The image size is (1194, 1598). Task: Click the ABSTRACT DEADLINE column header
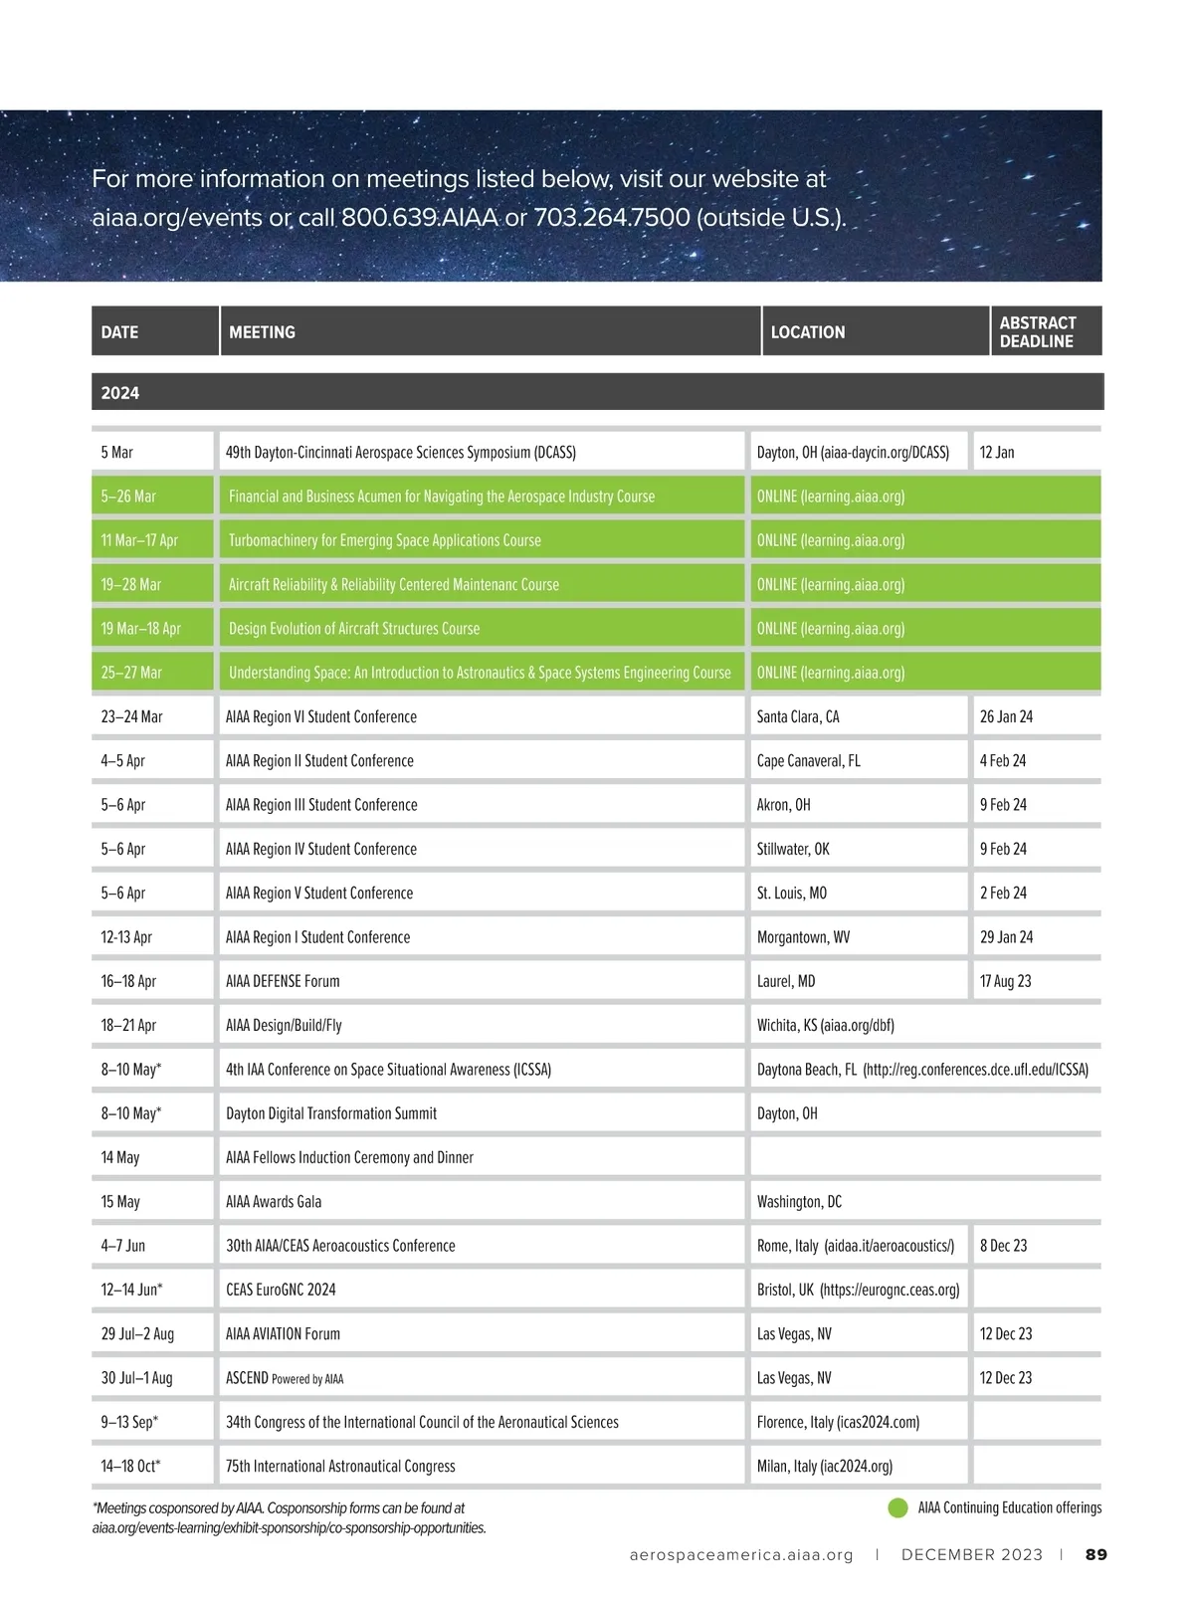[x=1037, y=331]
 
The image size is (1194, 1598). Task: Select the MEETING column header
[x=262, y=332]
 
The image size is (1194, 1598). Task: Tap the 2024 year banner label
[x=119, y=393]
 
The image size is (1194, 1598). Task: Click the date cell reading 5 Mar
[x=116, y=453]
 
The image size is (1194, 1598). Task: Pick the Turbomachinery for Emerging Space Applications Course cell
[x=384, y=540]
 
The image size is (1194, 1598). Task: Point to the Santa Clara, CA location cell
[x=798, y=716]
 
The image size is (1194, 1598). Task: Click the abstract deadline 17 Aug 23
[x=1005, y=981]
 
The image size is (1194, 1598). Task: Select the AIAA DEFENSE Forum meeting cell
[x=283, y=981]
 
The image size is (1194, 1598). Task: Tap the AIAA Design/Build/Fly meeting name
[x=284, y=1025]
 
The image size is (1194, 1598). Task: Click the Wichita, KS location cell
[x=825, y=1025]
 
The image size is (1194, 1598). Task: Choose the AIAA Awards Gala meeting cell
[x=274, y=1201]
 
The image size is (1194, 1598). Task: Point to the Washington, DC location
[x=799, y=1201]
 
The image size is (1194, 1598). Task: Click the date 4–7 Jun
[x=122, y=1246]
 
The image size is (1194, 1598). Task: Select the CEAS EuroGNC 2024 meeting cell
[x=281, y=1290]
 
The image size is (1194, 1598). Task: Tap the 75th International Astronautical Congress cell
[x=340, y=1466]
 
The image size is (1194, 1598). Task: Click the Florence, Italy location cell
[x=838, y=1422]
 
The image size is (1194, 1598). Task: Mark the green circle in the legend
[x=897, y=1507]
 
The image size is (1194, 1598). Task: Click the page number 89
[x=1095, y=1554]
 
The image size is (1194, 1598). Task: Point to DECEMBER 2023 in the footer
[x=972, y=1554]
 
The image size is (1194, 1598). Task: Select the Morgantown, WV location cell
[x=803, y=937]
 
